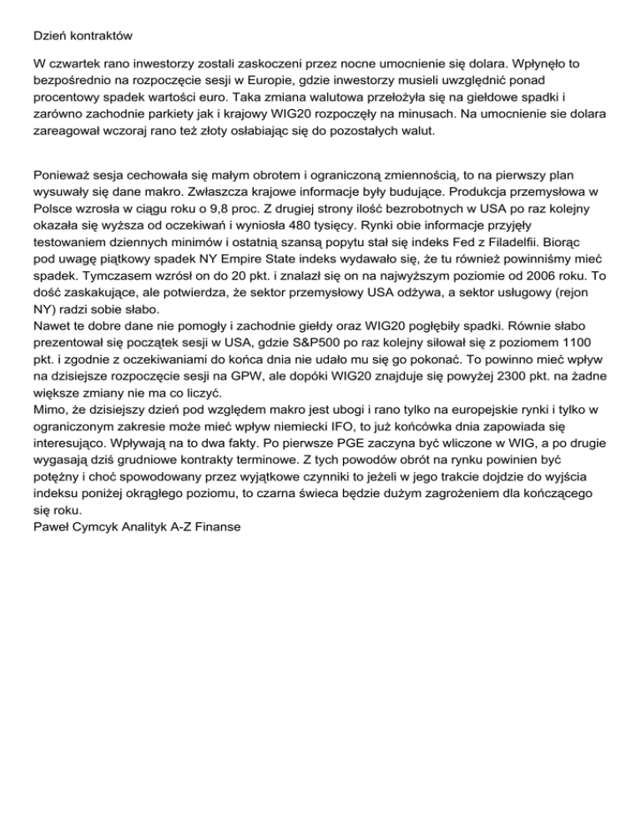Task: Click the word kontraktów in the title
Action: pyautogui.click(x=101, y=37)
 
